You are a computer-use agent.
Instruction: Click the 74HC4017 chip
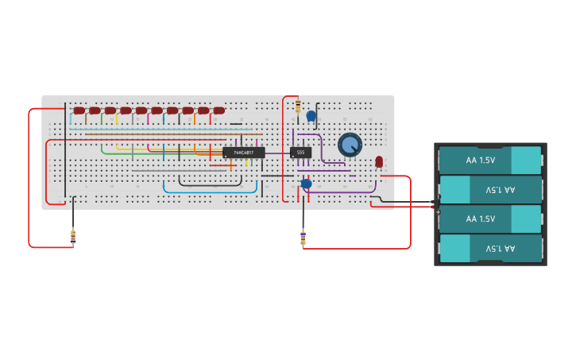pyautogui.click(x=243, y=152)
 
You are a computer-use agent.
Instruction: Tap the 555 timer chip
pyautogui.click(x=300, y=152)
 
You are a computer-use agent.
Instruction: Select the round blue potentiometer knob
pyautogui.click(x=350, y=145)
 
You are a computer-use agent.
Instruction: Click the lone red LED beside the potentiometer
pyautogui.click(x=379, y=161)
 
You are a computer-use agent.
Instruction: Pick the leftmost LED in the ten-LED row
pyautogui.click(x=79, y=110)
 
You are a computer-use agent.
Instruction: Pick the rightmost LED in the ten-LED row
pyautogui.click(x=218, y=110)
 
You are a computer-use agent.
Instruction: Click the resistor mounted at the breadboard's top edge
pyautogui.click(x=298, y=107)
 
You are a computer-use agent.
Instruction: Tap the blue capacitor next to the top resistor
pyautogui.click(x=311, y=116)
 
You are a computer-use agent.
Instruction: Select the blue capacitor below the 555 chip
pyautogui.click(x=306, y=184)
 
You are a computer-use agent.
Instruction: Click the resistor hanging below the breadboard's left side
pyautogui.click(x=73, y=236)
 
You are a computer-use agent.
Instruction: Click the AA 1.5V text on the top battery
pyautogui.click(x=481, y=160)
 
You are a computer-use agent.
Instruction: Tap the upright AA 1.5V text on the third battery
pyautogui.click(x=481, y=219)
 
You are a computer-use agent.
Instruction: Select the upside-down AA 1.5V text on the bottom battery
pyautogui.click(x=500, y=249)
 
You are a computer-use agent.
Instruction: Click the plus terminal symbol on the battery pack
pyautogui.click(x=439, y=211)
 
